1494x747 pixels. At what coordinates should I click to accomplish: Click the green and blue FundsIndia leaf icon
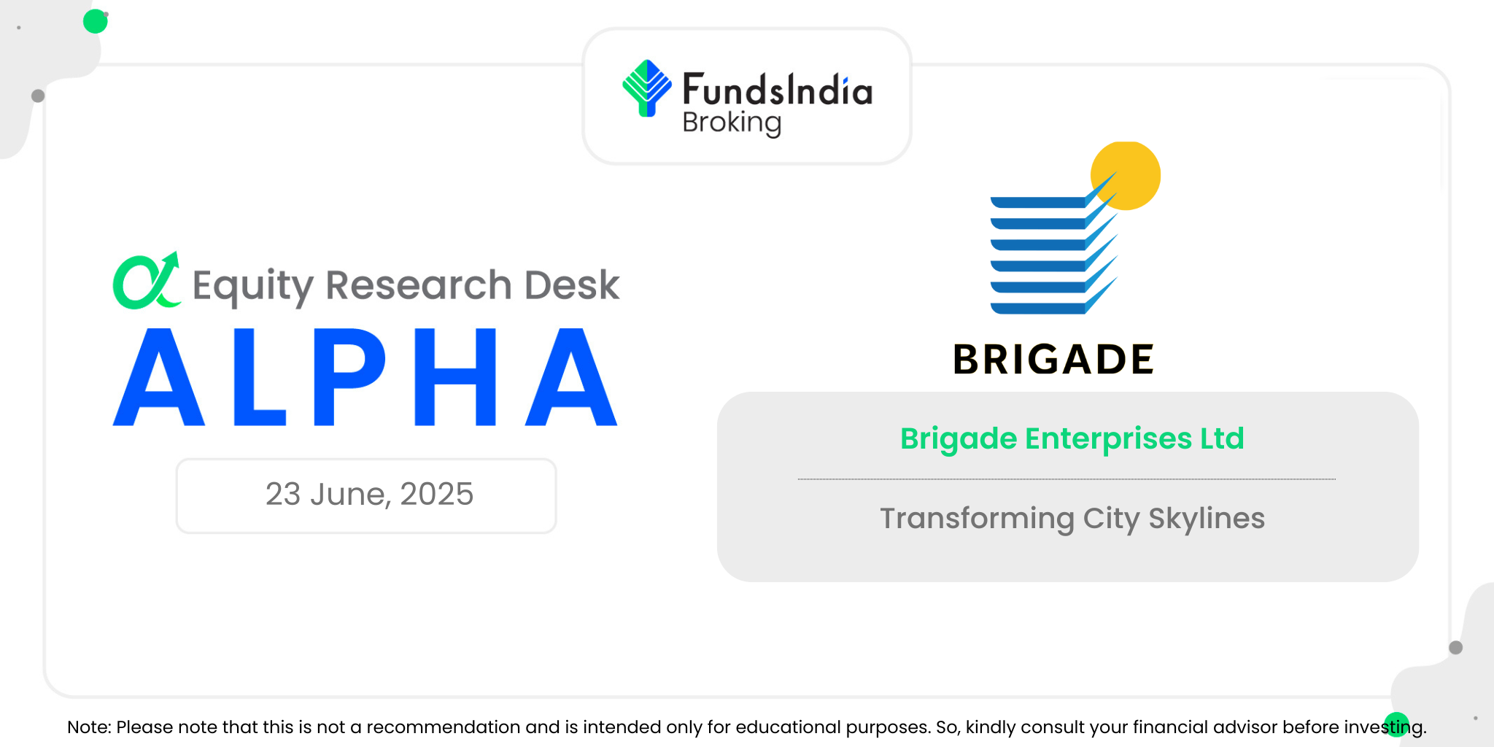[x=647, y=88]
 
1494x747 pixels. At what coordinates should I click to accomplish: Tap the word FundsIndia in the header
[x=778, y=90]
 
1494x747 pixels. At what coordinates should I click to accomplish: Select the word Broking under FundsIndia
[x=732, y=123]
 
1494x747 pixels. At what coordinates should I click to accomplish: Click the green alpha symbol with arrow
[x=147, y=281]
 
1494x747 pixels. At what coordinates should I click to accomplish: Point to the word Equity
[x=252, y=286]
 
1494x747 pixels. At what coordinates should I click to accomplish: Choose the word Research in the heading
[x=419, y=285]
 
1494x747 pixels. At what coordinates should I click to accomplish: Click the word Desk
[x=572, y=285]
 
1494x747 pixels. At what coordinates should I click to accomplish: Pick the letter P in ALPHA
[x=349, y=377]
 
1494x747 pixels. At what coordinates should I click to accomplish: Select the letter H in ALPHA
[x=455, y=377]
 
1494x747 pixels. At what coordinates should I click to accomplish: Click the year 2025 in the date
[x=436, y=494]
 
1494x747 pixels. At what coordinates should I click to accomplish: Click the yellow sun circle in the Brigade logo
[x=1126, y=176]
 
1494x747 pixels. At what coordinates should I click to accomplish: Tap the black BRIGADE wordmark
[x=1053, y=360]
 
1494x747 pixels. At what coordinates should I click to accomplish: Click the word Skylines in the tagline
[x=1207, y=519]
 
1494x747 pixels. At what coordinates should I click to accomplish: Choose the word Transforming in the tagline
[x=978, y=519]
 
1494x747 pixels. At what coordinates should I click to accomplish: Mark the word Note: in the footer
[x=89, y=727]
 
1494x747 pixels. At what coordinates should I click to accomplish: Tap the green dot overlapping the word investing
[x=1397, y=724]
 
